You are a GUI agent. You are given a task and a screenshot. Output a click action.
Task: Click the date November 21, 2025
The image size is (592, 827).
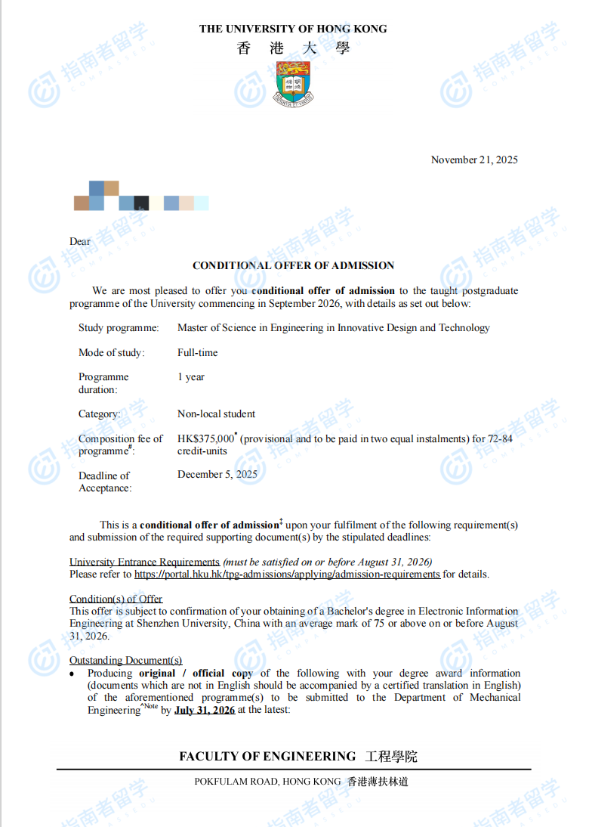tap(474, 160)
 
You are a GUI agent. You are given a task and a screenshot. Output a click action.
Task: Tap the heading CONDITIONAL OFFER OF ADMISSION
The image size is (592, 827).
tap(293, 265)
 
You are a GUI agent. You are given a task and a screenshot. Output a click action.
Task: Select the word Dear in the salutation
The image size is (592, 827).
tap(80, 242)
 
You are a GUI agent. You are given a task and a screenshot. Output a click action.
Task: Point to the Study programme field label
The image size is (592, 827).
tap(119, 327)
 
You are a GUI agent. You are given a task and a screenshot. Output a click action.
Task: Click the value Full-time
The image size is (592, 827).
tap(198, 352)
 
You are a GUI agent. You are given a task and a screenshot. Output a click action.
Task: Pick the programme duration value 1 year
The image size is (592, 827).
tap(191, 376)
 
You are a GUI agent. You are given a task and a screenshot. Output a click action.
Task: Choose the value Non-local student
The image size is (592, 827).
tap(216, 413)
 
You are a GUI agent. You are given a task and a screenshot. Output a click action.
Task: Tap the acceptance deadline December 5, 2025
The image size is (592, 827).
tap(217, 475)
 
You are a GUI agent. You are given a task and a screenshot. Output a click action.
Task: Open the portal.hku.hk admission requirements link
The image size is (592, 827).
tap(287, 574)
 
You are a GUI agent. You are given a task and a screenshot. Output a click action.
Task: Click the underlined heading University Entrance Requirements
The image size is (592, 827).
tap(144, 562)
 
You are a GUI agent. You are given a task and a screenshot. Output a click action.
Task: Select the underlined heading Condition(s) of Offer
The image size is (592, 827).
tap(116, 599)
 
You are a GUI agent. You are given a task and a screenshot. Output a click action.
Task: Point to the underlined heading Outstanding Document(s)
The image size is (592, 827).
tap(125, 660)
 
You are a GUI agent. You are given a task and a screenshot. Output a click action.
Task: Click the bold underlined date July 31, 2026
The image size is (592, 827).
tap(205, 710)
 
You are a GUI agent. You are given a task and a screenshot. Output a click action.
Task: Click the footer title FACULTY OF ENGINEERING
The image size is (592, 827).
tap(267, 756)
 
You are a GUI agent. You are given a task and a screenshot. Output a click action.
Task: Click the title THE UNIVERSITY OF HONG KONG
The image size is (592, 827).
tap(293, 29)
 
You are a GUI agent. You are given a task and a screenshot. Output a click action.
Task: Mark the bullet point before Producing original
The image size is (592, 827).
tap(72, 674)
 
